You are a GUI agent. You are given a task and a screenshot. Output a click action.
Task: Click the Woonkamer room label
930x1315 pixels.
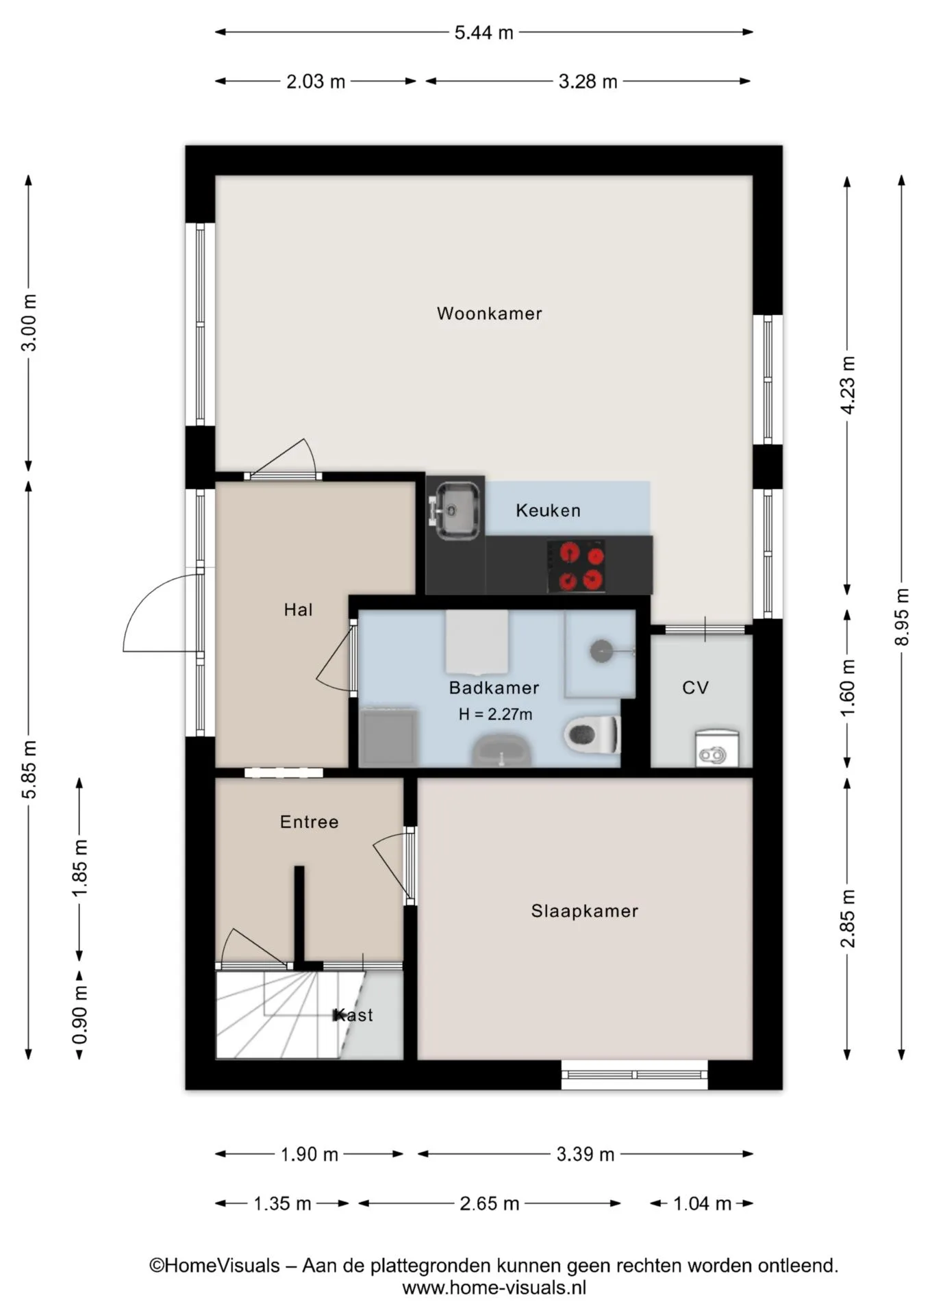click(489, 314)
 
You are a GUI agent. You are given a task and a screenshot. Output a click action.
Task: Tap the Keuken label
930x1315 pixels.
click(548, 510)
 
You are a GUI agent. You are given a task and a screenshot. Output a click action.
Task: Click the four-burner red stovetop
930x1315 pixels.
click(576, 566)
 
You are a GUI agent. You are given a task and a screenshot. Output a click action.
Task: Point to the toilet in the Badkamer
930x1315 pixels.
click(592, 734)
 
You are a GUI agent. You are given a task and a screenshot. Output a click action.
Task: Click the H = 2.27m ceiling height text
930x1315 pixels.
click(495, 714)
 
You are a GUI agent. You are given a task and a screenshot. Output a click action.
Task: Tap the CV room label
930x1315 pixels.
click(695, 688)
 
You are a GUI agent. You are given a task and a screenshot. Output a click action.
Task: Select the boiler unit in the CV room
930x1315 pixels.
click(717, 748)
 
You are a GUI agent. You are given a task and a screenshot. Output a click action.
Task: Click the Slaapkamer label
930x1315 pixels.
click(584, 911)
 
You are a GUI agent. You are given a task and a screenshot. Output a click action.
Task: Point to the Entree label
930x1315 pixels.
click(309, 822)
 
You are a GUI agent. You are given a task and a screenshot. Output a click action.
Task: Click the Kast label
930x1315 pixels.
click(353, 1015)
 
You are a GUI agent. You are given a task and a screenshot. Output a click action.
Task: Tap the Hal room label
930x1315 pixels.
click(298, 610)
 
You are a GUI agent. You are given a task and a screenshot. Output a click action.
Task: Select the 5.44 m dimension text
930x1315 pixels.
click(483, 32)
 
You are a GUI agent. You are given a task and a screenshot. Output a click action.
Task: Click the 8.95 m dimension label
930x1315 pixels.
click(902, 616)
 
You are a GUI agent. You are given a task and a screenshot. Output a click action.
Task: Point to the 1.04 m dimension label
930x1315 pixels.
click(702, 1203)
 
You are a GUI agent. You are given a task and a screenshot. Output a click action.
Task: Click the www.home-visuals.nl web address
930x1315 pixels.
click(494, 1288)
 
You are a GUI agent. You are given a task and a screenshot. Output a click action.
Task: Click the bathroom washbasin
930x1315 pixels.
click(501, 751)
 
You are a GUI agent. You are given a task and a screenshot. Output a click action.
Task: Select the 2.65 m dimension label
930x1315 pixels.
click(489, 1203)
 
